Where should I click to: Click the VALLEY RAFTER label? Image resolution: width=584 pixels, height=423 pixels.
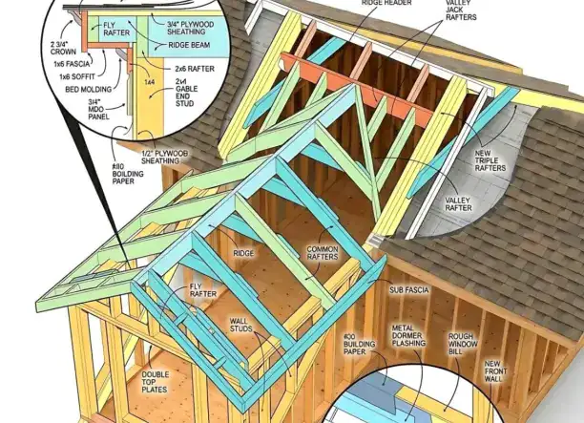click(x=458, y=204)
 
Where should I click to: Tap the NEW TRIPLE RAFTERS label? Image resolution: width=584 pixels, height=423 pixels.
click(x=490, y=160)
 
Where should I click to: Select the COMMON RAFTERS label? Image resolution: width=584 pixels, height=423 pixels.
click(x=323, y=253)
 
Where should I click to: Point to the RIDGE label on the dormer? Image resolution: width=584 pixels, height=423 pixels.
click(x=243, y=253)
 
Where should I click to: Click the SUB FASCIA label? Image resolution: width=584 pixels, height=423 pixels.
click(x=409, y=290)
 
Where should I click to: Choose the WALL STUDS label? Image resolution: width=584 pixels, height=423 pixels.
click(x=241, y=325)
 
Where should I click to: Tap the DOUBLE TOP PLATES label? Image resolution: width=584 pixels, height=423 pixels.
click(x=155, y=382)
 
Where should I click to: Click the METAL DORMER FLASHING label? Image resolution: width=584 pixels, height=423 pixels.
click(x=408, y=335)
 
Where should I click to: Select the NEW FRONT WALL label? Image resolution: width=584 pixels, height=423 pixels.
click(x=493, y=371)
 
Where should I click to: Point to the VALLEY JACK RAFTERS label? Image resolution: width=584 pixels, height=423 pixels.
click(x=461, y=11)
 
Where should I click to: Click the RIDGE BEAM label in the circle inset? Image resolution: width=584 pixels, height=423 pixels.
click(x=189, y=45)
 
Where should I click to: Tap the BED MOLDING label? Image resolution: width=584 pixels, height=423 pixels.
click(x=89, y=90)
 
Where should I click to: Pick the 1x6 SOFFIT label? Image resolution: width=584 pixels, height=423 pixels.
click(x=77, y=76)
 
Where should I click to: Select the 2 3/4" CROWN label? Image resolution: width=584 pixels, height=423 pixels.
click(x=63, y=48)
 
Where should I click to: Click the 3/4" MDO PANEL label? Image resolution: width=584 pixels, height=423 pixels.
click(x=98, y=109)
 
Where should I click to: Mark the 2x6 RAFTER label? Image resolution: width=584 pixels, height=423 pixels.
click(x=195, y=69)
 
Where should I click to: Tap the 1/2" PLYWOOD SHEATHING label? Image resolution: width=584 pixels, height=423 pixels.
click(x=165, y=157)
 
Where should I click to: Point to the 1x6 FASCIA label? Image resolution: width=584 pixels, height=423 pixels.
click(x=72, y=64)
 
